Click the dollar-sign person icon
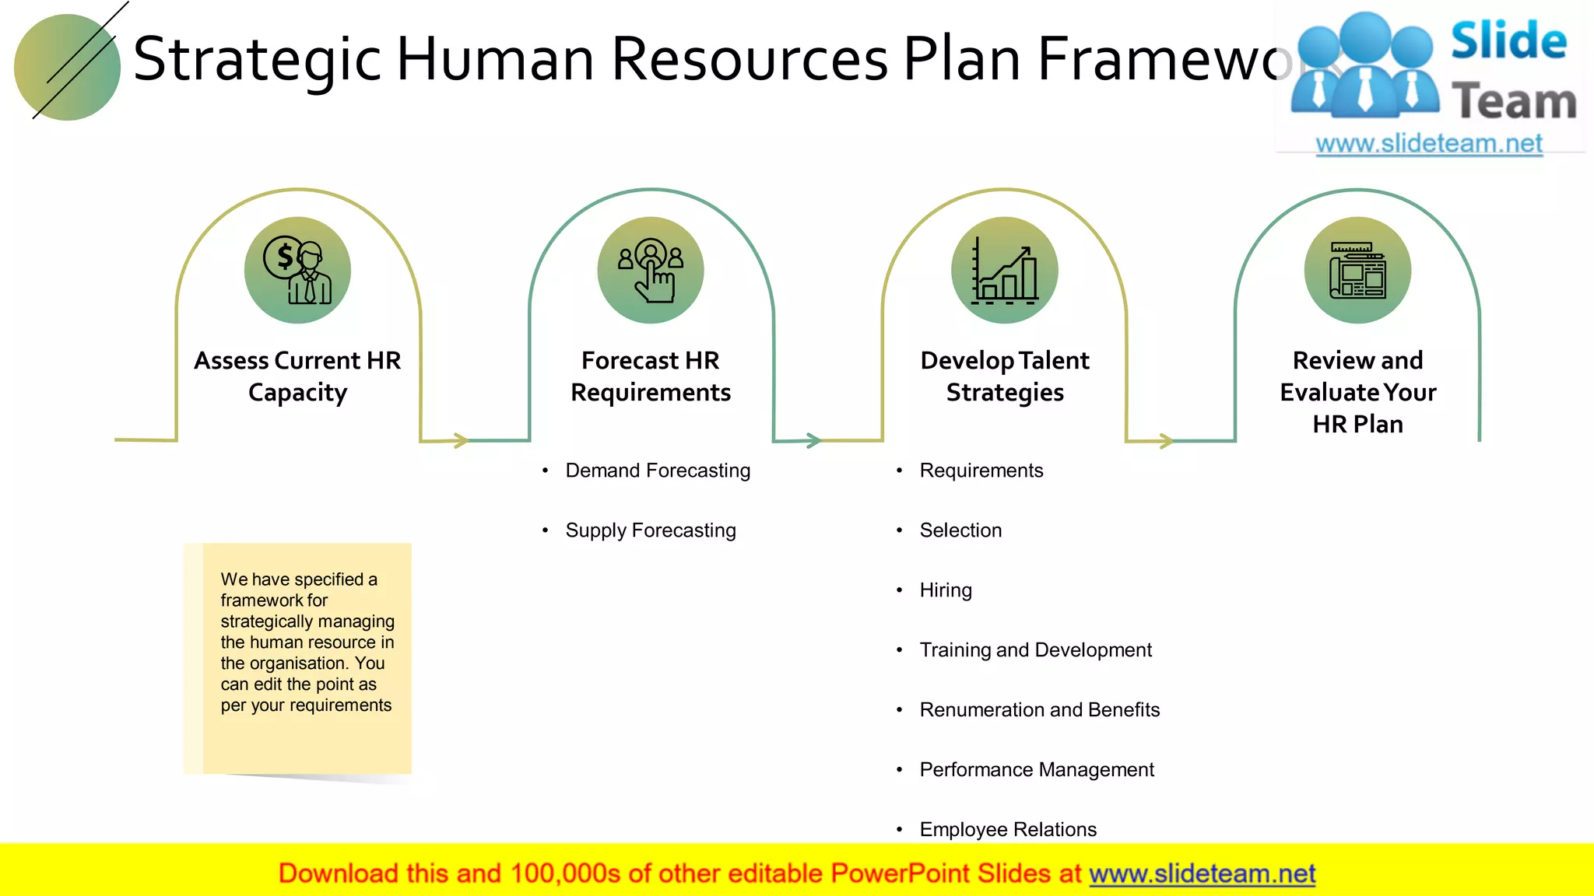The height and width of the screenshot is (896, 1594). tap(297, 270)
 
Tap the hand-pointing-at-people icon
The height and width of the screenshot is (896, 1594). tap(651, 270)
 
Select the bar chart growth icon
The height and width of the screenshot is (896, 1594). tap(1004, 270)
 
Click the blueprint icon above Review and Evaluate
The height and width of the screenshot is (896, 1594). tap(1357, 270)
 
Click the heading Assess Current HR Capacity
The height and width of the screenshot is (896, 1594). tap(297, 376)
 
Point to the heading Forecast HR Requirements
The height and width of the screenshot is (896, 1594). tap(651, 376)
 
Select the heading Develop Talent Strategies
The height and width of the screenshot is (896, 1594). tap(1004, 376)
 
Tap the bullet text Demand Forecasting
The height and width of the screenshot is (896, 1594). tap(658, 471)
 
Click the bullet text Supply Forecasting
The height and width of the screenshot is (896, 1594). tap(651, 530)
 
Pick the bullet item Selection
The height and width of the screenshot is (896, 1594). tap(960, 530)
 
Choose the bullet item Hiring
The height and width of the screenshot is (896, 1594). tap(946, 590)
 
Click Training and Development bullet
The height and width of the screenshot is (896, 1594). tap(1035, 650)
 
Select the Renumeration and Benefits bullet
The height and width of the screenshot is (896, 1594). tap(1039, 710)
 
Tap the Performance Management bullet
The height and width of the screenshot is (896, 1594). tap(1037, 770)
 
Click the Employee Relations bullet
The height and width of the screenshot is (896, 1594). tap(1008, 829)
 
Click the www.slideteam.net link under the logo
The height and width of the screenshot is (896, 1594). tap(1429, 144)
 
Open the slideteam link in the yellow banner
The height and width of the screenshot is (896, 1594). tap(1202, 874)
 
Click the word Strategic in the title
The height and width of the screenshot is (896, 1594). tap(257, 60)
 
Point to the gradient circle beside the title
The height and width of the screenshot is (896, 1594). tap(68, 68)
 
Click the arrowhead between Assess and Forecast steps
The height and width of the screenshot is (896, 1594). tap(462, 441)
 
